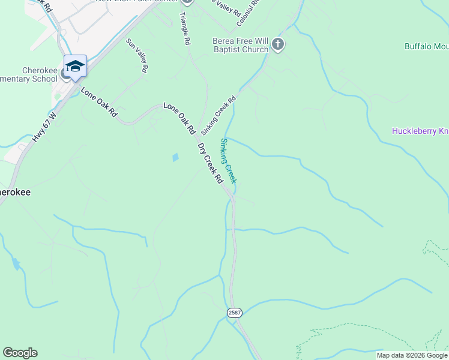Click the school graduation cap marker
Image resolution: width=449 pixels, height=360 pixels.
pos(75,66)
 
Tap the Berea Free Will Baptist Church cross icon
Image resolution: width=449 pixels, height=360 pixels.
pos(277,44)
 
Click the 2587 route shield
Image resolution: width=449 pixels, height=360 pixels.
pos(234,313)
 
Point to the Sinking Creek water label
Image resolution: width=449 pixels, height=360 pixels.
pos(229,161)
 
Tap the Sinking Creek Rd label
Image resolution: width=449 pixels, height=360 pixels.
pos(218,115)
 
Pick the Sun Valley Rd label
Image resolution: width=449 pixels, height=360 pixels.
pos(137,56)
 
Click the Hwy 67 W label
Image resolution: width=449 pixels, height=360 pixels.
pos(44,127)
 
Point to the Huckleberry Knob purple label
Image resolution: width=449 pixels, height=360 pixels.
pos(420,131)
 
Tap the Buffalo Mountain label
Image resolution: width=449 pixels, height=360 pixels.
pos(426,46)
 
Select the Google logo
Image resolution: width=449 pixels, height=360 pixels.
pos(20,353)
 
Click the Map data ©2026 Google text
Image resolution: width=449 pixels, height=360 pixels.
pos(412,355)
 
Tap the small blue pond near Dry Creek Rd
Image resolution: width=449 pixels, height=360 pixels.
pos(175,158)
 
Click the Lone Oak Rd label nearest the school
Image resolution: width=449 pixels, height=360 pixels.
pos(98,103)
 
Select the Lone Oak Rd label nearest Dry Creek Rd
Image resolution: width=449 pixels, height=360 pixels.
pos(179,118)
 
